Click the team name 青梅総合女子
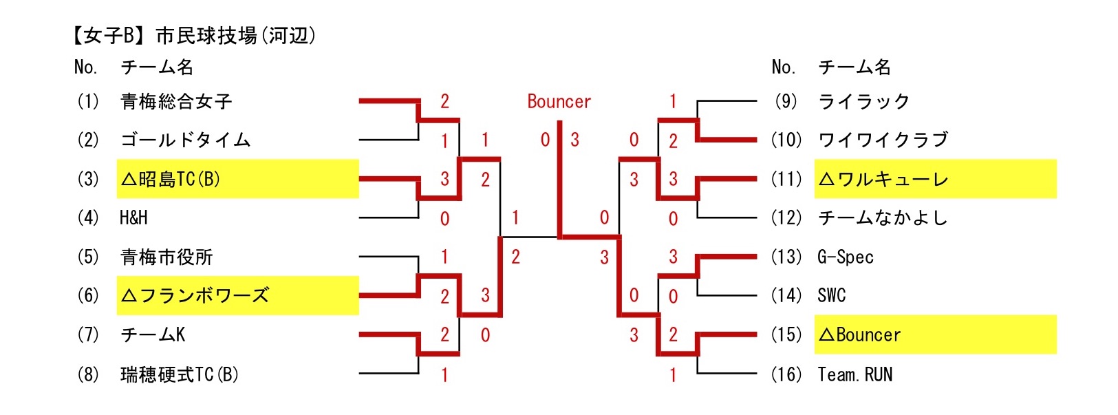point(176,102)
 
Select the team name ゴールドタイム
point(185,140)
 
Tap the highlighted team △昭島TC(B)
point(171,180)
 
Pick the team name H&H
point(133,218)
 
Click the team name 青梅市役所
point(166,257)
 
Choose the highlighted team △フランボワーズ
point(195,296)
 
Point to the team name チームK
point(153,335)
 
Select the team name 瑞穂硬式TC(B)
point(179,374)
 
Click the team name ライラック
point(863,102)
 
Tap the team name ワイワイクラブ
point(883,140)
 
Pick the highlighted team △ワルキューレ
point(883,180)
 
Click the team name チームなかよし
point(883,218)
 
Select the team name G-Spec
point(846,257)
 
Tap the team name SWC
point(831,296)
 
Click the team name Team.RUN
point(854,374)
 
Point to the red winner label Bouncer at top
point(559,102)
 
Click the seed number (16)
point(786,374)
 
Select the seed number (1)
point(88,102)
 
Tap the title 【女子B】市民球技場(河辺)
point(195,36)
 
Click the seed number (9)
point(786,102)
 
